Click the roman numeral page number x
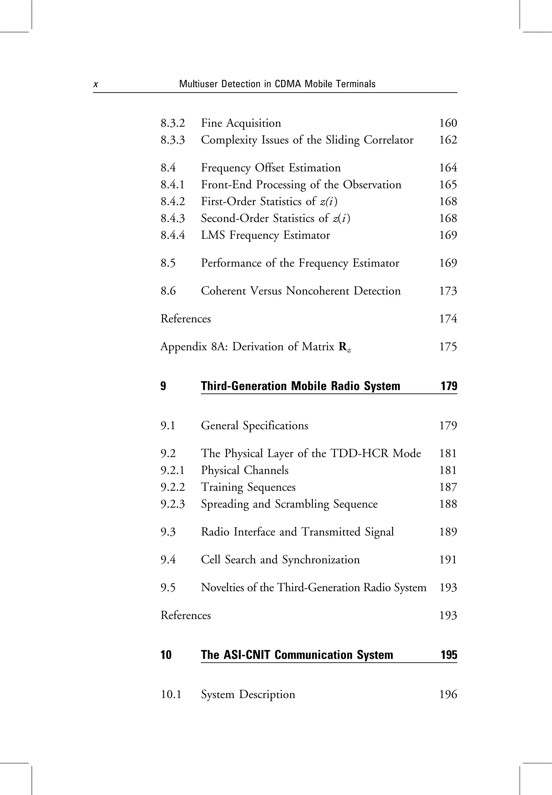pyautogui.click(x=96, y=84)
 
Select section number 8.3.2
pyautogui.click(x=172, y=123)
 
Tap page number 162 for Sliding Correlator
pyautogui.click(x=448, y=140)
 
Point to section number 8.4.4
pyautogui.click(x=172, y=235)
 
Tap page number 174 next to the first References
pyautogui.click(x=448, y=318)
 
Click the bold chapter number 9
pyautogui.click(x=163, y=386)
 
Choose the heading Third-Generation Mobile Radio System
pyautogui.click(x=301, y=386)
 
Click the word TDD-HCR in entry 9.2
pyautogui.click(x=360, y=453)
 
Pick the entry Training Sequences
pyautogui.click(x=248, y=487)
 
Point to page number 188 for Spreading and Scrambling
pyautogui.click(x=448, y=504)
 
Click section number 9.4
pyautogui.click(x=168, y=560)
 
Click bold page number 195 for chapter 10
pyautogui.click(x=448, y=655)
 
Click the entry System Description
pyautogui.click(x=248, y=695)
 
